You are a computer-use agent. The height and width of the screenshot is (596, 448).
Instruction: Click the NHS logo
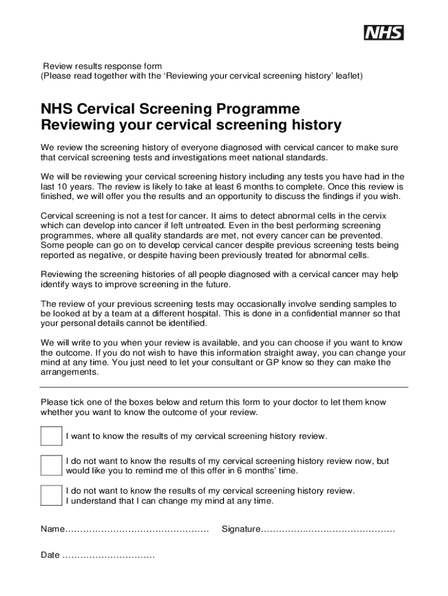[383, 33]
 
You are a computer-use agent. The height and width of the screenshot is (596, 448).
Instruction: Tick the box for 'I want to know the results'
[51, 436]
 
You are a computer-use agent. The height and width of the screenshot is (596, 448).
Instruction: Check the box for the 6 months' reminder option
[51, 465]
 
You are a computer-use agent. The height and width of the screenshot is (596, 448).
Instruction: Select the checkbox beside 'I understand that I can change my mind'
[51, 495]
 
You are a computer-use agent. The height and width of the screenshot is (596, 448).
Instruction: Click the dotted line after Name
[136, 530]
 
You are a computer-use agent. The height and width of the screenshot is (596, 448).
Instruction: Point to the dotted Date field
[108, 555]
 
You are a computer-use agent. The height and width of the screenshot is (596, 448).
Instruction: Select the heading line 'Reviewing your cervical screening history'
[191, 125]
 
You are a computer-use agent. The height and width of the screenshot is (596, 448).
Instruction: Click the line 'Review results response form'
[103, 66]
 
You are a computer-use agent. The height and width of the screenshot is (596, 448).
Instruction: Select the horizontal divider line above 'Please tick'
[224, 387]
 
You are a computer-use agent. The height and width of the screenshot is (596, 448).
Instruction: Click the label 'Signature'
[240, 530]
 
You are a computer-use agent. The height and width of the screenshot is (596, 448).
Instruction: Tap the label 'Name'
[51, 530]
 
